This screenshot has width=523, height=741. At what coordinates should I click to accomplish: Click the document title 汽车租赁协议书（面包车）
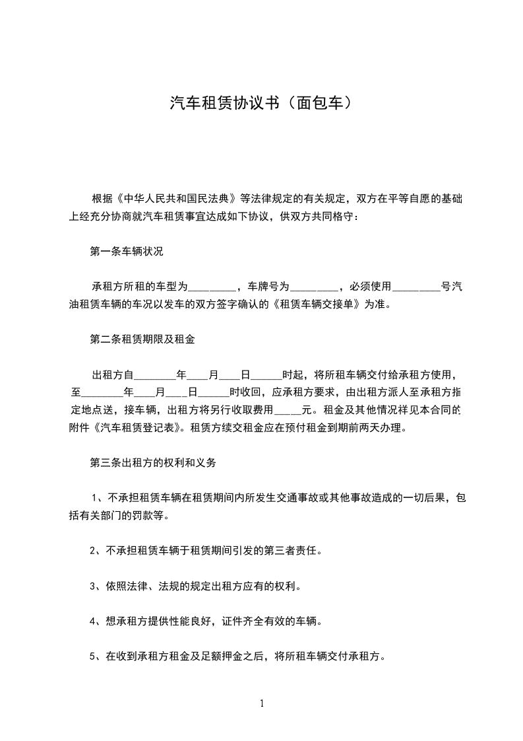[261, 103]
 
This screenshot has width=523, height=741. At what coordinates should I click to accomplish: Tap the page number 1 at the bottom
[262, 703]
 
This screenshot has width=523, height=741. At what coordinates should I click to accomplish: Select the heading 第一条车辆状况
[126, 252]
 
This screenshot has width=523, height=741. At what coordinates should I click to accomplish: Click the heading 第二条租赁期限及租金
[142, 340]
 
